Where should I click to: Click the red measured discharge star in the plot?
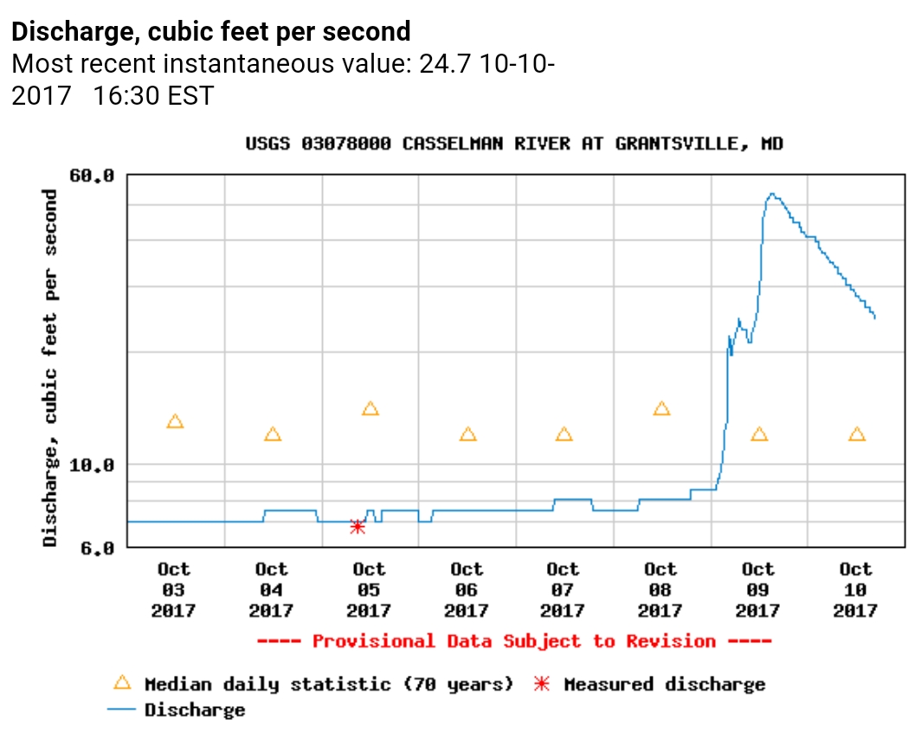coord(357,526)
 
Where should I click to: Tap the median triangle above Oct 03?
coord(175,421)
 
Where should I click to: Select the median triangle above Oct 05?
coord(370,408)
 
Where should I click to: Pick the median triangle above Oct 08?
coord(662,408)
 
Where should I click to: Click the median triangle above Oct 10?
coord(857,434)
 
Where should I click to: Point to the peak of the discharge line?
coord(771,195)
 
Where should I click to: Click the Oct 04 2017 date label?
coord(272,590)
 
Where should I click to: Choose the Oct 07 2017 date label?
coord(564,590)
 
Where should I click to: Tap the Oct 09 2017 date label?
coord(758,590)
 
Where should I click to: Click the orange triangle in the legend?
coord(123,683)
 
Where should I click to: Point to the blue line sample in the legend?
coord(123,710)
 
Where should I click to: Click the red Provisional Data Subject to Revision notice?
coord(514,641)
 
